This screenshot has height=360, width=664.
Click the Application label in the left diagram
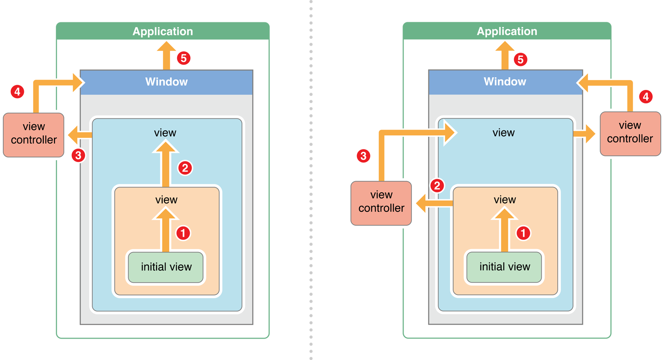click(x=163, y=32)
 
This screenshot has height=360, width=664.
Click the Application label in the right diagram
click(x=507, y=32)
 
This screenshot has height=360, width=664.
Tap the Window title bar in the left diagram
click(x=166, y=82)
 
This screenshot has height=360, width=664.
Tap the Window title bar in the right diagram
click(x=505, y=82)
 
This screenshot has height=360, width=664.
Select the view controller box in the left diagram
click(x=34, y=134)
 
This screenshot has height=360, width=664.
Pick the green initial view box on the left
click(x=166, y=267)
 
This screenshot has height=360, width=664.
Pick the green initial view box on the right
click(x=505, y=267)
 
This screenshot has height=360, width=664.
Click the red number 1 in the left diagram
click(x=184, y=233)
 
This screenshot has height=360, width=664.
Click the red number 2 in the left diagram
click(x=185, y=168)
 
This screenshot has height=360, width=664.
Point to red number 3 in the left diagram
click(x=78, y=156)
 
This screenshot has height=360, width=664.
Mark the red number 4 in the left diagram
click(x=17, y=92)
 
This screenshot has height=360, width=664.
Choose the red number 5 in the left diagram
click(x=184, y=59)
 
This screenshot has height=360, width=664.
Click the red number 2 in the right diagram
click(x=437, y=186)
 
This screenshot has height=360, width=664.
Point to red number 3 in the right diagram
click(x=363, y=156)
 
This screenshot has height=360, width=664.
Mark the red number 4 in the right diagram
click(x=645, y=97)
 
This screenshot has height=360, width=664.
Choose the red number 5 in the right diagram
click(x=520, y=60)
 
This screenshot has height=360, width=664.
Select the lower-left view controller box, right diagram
click(x=381, y=202)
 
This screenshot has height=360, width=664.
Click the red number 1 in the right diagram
click(x=524, y=233)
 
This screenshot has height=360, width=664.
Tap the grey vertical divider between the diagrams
click(x=298, y=180)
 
